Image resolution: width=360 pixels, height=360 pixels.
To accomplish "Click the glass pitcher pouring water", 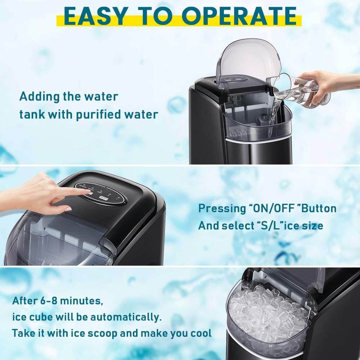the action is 298,90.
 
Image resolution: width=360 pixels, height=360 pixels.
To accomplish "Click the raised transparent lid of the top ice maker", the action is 248,64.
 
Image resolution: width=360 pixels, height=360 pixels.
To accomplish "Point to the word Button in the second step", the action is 319,208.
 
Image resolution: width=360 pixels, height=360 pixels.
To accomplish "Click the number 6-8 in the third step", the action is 47,301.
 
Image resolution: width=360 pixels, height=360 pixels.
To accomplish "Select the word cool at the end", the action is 201,333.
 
